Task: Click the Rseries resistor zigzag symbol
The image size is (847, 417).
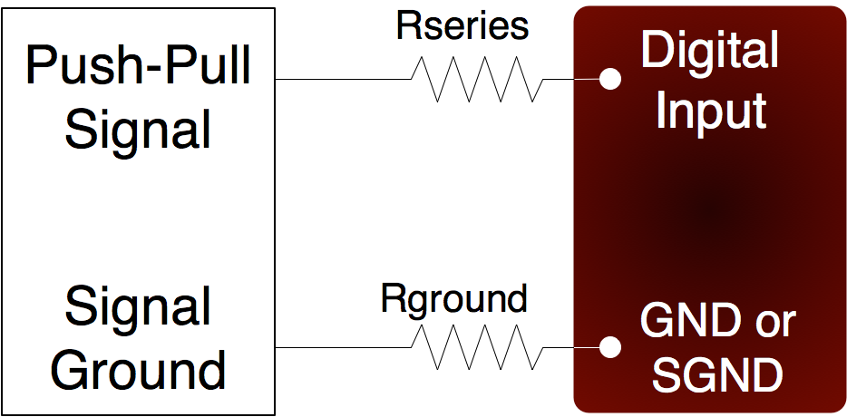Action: tap(477, 80)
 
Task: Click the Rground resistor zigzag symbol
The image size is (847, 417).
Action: tap(477, 347)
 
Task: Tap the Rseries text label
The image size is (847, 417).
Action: tap(462, 27)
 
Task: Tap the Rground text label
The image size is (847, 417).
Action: tap(454, 298)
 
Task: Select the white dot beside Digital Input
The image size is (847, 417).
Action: tap(611, 79)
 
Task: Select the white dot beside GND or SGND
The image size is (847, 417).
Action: tap(611, 347)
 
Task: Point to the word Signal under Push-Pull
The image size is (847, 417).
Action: tap(138, 129)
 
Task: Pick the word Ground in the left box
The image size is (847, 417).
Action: tap(138, 370)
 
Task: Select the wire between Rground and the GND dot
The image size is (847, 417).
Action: tap(571, 347)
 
